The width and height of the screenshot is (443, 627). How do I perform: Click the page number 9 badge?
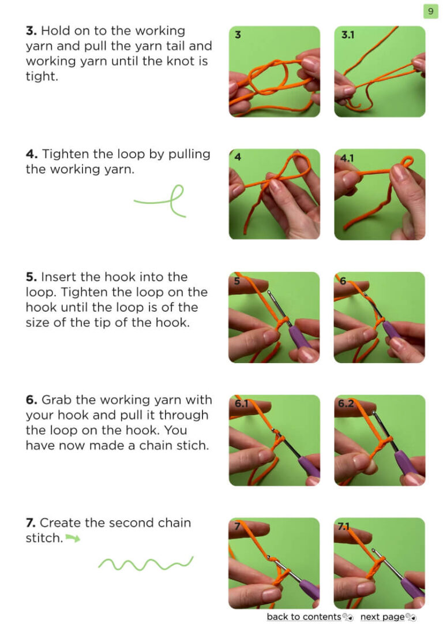(x=430, y=11)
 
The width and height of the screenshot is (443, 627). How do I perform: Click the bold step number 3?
(x=31, y=31)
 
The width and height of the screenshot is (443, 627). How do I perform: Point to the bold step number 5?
(x=31, y=277)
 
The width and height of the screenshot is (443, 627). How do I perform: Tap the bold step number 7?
(x=31, y=522)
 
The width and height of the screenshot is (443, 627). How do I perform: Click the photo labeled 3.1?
(x=380, y=72)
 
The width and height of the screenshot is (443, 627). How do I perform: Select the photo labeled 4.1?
(x=380, y=195)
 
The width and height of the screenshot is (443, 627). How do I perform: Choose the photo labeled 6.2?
(x=380, y=441)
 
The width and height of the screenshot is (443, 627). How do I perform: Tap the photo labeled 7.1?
(x=380, y=563)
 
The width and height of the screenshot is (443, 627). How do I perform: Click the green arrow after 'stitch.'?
(x=73, y=538)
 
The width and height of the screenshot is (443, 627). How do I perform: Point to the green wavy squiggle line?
(x=145, y=563)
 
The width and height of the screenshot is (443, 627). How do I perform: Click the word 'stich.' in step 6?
(x=194, y=446)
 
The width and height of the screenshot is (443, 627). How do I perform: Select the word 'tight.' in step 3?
(x=42, y=76)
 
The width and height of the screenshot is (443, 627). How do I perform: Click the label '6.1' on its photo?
(x=241, y=404)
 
